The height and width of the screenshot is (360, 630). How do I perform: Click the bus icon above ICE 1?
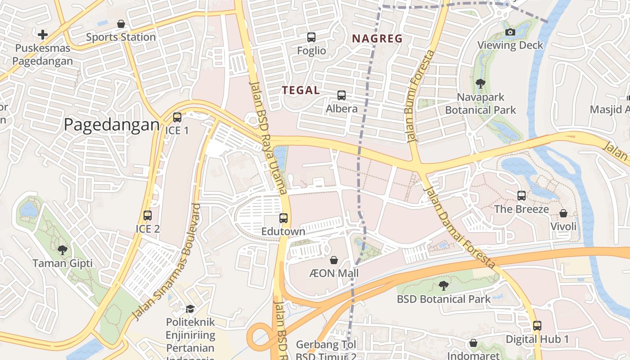[177, 117]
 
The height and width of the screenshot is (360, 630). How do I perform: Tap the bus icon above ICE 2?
[148, 216]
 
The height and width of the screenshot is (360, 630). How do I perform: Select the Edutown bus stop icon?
[283, 218]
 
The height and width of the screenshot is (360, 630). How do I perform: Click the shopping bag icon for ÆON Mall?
[334, 260]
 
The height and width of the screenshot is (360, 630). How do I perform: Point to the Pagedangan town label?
[112, 125]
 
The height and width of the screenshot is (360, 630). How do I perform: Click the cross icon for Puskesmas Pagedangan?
[43, 35]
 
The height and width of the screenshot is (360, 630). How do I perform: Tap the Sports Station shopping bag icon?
[121, 24]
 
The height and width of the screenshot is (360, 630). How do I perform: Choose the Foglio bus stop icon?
[311, 37]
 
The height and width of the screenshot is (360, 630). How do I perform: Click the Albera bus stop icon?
[342, 95]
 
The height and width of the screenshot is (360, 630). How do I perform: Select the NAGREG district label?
[378, 39]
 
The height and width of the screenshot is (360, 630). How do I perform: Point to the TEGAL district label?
[301, 90]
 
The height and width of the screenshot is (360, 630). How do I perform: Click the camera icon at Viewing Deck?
[510, 32]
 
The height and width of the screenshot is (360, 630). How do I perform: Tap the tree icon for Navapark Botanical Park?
[481, 84]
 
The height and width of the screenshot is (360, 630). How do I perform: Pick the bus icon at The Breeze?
[522, 196]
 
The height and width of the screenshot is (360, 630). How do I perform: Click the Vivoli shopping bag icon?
[563, 213]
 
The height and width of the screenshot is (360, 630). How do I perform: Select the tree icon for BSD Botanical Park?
[444, 285]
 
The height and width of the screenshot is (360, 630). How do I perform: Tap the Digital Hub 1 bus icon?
[537, 326]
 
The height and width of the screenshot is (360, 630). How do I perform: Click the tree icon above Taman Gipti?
[63, 250]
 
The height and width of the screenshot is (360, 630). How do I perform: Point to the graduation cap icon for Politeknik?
[190, 309]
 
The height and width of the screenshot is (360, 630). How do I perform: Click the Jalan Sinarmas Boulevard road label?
[166, 262]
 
